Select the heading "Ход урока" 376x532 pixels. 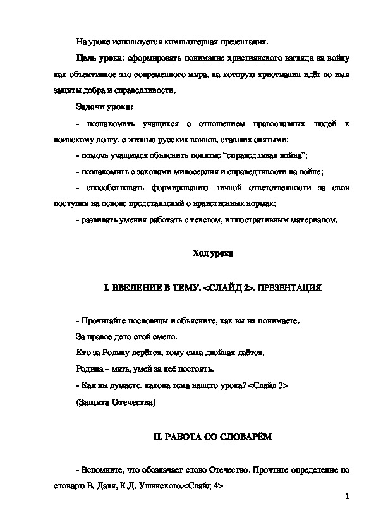[213, 255]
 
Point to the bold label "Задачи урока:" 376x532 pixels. [100, 106]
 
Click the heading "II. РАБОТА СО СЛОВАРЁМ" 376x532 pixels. [213, 437]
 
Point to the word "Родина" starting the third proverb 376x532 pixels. [87, 370]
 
